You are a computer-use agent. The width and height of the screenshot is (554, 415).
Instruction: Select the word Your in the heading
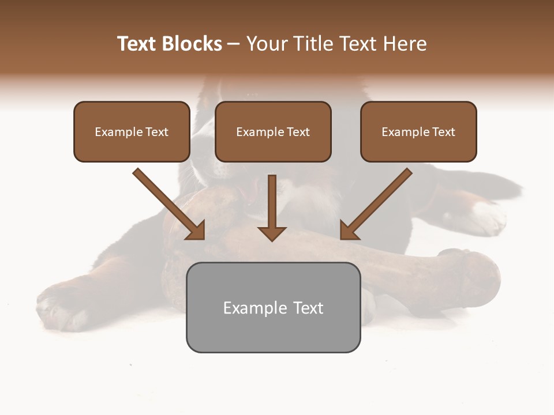click(x=266, y=44)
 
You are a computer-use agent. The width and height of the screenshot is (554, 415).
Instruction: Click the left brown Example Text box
click(x=132, y=132)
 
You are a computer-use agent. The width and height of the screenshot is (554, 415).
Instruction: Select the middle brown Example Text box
click(x=273, y=132)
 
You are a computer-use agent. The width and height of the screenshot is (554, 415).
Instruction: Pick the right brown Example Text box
click(x=418, y=132)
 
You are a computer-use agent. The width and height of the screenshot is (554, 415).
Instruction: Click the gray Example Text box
click(x=273, y=308)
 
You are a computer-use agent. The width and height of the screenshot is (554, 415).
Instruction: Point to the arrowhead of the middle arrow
click(x=272, y=233)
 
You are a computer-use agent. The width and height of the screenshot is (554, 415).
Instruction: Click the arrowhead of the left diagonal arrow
click(x=196, y=231)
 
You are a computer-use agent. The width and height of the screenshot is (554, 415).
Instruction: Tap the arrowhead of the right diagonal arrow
click(x=349, y=231)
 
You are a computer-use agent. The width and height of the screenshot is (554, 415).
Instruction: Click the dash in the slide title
click(x=234, y=44)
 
